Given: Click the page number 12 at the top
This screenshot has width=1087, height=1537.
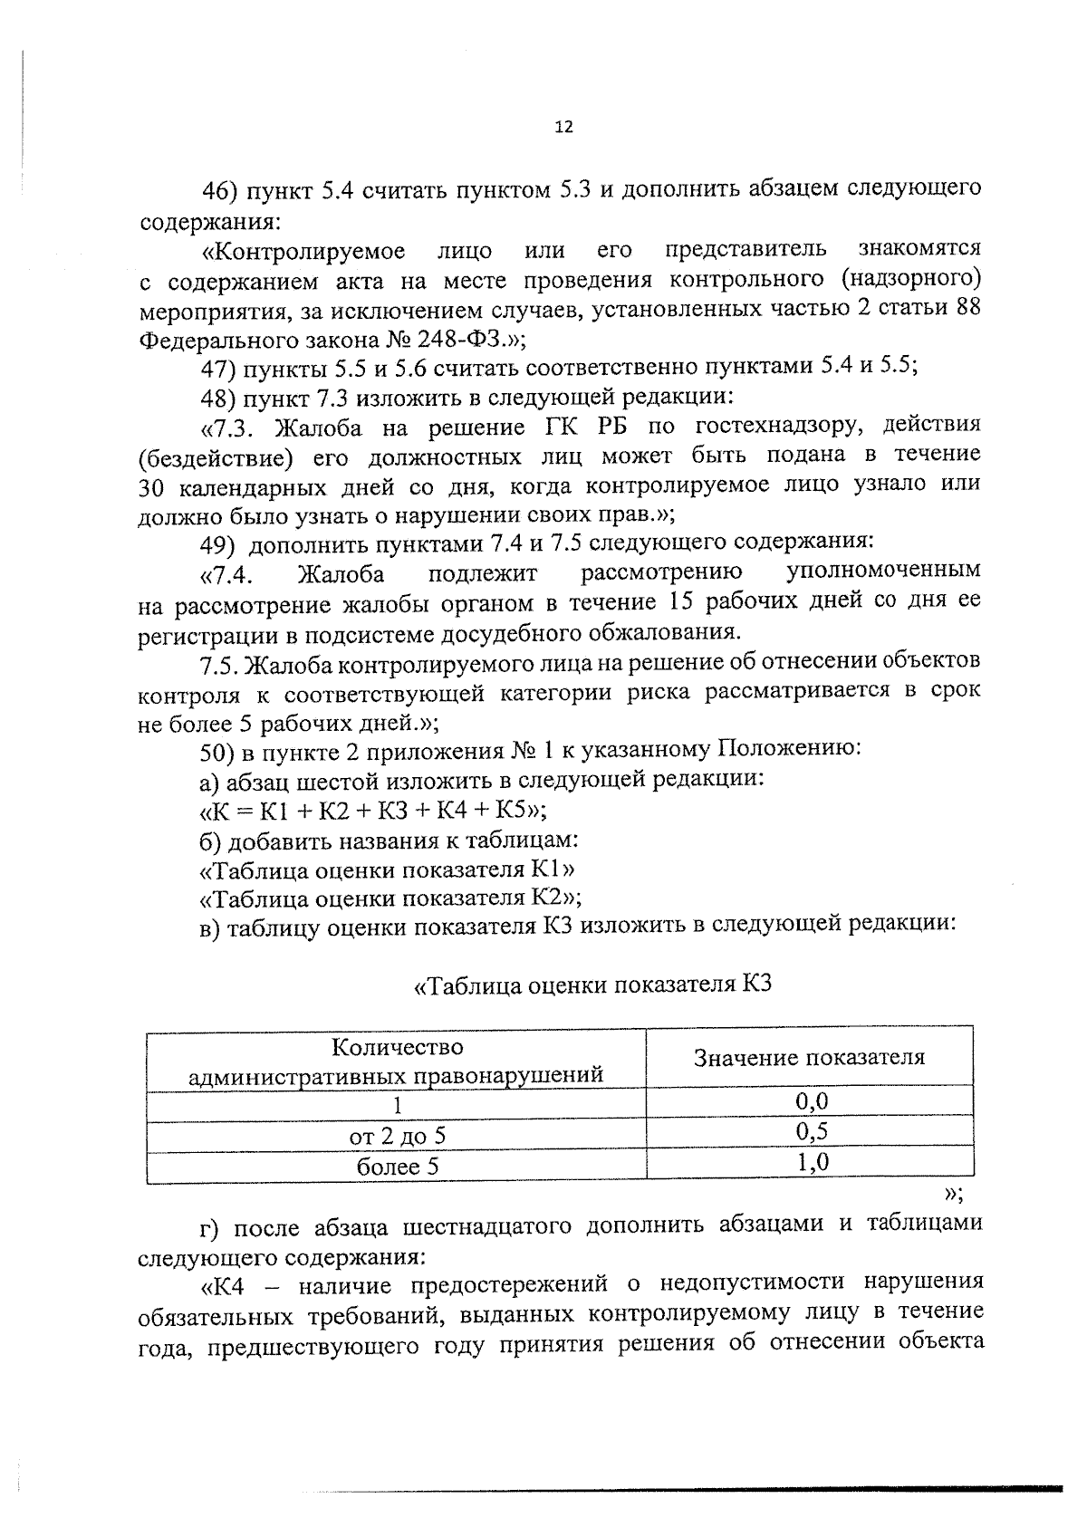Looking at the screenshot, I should pyautogui.click(x=563, y=128).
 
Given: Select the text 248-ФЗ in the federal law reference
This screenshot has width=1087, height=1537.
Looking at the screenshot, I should pyautogui.click(x=460, y=340).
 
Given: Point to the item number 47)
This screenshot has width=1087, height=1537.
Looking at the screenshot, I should pyautogui.click(x=218, y=368).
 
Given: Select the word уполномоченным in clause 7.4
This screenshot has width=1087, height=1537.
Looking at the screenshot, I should pyautogui.click(x=883, y=572).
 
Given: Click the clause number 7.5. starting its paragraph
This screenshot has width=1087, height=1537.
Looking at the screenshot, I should pyautogui.click(x=219, y=664).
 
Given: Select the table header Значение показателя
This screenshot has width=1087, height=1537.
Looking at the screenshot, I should pyautogui.click(x=809, y=1057).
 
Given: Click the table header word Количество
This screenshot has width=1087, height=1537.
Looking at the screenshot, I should pyautogui.click(x=397, y=1048).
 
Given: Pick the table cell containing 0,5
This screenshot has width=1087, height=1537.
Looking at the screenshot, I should pyautogui.click(x=812, y=1132).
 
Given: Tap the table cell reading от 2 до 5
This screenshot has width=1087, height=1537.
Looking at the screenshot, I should pyautogui.click(x=397, y=1136).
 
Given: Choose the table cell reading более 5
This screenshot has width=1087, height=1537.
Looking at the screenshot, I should pyautogui.click(x=397, y=1167).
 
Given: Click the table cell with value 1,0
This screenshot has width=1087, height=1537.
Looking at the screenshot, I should pyautogui.click(x=812, y=1163).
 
